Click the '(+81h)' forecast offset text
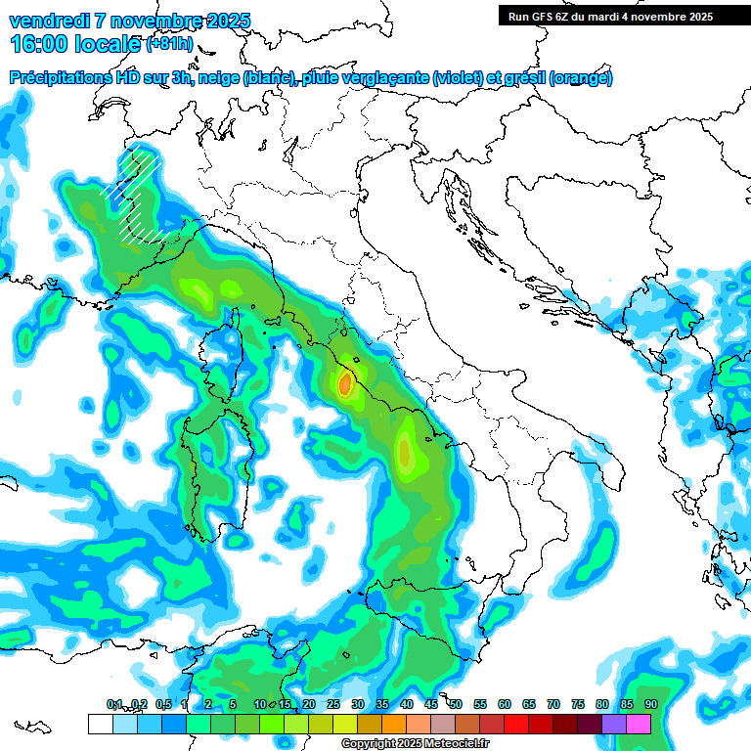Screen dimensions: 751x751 169,44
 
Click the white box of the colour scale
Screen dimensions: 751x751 100,724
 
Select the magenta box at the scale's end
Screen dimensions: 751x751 639,724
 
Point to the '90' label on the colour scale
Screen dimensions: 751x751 650,704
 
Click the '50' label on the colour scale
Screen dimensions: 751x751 456,704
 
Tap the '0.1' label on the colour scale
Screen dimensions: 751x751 114,704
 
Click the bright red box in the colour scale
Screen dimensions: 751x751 516,724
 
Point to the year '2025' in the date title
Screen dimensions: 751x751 223,20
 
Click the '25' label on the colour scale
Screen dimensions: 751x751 333,704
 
